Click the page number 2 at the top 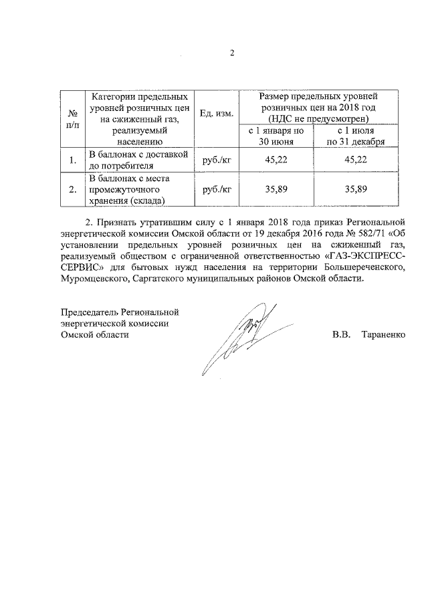(x=231, y=53)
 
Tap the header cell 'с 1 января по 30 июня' (x=276, y=136)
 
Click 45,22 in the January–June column (x=276, y=160)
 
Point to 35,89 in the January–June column (x=276, y=190)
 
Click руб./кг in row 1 (x=216, y=160)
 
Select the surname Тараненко (x=383, y=334)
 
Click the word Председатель (x=91, y=312)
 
